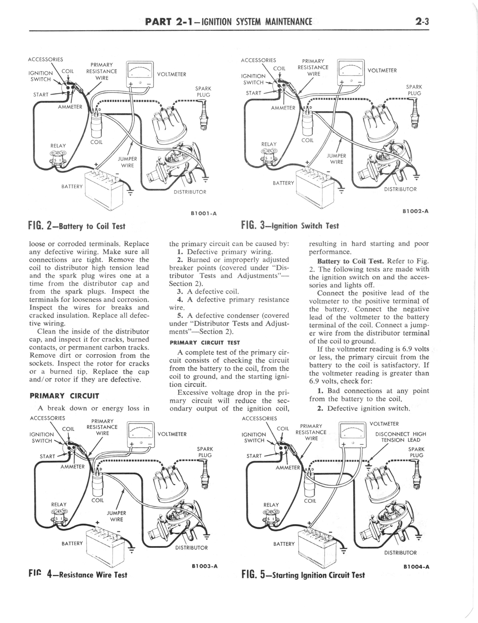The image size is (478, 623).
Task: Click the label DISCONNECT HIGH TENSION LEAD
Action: coord(400,437)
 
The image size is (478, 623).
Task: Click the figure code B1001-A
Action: coord(204,213)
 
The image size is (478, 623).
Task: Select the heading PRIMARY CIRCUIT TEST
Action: coord(204,342)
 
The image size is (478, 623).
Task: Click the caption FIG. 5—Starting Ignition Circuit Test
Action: coord(303,575)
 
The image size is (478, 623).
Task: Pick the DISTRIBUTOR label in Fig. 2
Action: coord(190,192)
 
